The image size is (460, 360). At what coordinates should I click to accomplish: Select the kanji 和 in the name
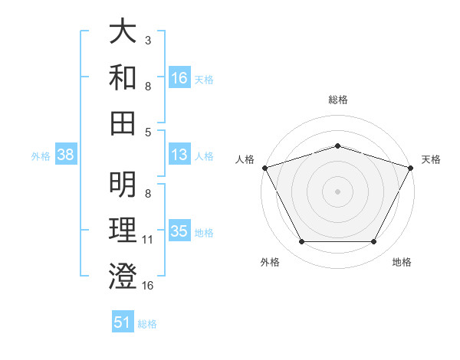(x=123, y=77)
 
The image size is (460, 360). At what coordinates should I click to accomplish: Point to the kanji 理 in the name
(x=123, y=231)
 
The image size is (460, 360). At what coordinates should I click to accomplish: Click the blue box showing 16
(x=179, y=77)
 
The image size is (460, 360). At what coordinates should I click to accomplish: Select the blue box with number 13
(x=179, y=155)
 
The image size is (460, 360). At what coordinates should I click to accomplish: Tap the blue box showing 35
(x=179, y=231)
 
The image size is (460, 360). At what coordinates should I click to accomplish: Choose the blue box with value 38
(x=66, y=155)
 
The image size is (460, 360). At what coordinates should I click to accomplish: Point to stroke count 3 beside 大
(x=147, y=39)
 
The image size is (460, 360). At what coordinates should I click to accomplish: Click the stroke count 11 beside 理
(x=149, y=240)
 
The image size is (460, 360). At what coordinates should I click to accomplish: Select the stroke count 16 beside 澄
(x=149, y=286)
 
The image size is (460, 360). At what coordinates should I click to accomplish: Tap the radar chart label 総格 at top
(x=337, y=100)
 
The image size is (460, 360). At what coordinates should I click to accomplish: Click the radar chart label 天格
(x=431, y=159)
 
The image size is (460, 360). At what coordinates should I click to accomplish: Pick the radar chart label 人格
(x=245, y=159)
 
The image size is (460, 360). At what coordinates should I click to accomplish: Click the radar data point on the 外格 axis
(x=301, y=242)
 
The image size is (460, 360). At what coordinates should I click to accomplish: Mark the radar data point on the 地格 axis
(x=374, y=242)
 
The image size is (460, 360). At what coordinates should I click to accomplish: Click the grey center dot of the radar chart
(x=337, y=191)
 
